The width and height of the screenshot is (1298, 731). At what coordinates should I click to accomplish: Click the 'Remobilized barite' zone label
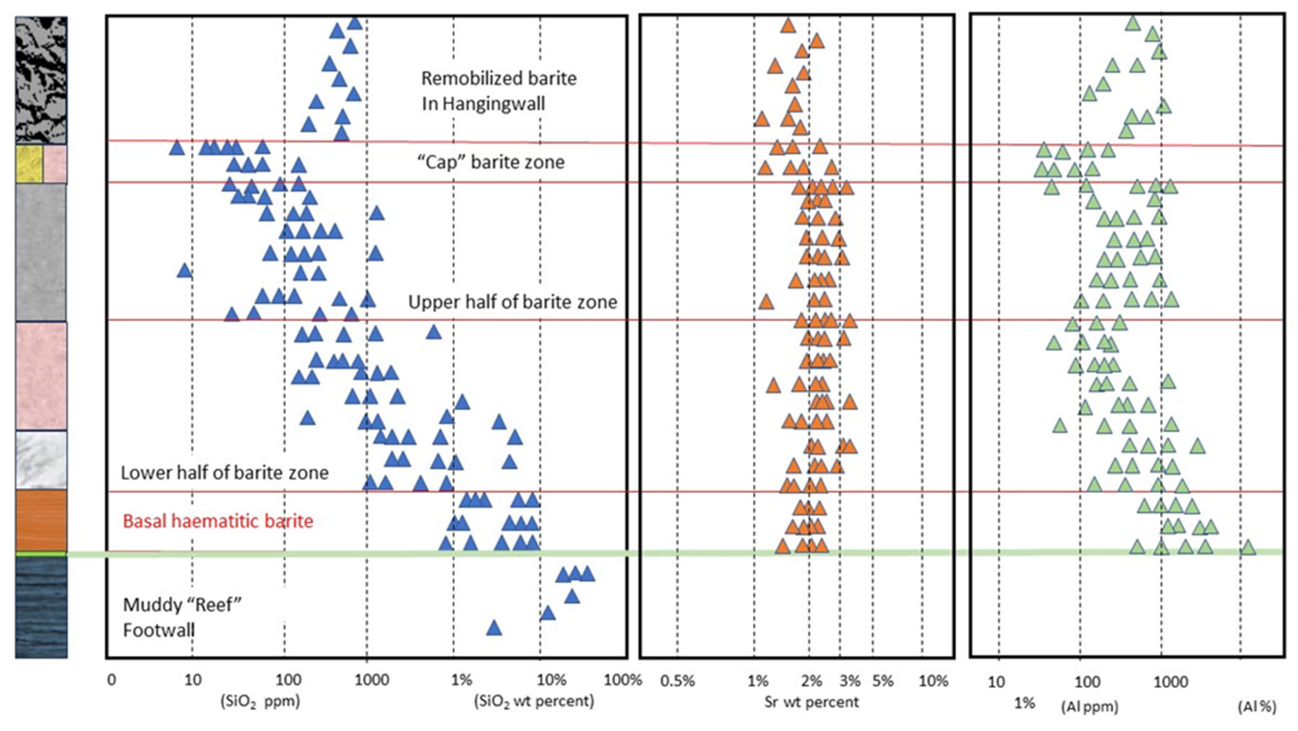pos(498,78)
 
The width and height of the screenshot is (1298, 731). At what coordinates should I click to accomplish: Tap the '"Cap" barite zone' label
pos(491,162)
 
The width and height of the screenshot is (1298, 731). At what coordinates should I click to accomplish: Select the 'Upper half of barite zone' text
pos(512,302)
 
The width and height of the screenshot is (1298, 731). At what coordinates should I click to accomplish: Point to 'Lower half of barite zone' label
pos(224,473)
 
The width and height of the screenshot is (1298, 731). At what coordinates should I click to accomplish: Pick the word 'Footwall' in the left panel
pos(159,630)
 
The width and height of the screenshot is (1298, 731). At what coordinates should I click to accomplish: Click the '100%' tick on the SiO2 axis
pos(623,680)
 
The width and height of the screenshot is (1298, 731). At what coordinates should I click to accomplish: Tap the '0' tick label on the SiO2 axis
pos(111,680)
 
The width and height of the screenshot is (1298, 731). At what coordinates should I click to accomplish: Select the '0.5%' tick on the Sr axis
pos(677,681)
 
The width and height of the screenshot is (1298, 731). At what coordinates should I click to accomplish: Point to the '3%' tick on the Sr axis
pos(850,681)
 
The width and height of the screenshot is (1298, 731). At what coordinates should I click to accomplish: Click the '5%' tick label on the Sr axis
pos(882,681)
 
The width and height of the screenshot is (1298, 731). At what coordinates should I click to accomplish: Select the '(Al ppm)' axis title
pos(1090,707)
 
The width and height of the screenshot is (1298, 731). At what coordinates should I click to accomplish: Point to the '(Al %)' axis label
pos(1257,707)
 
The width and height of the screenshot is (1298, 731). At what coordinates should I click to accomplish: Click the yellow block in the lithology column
pos(29,164)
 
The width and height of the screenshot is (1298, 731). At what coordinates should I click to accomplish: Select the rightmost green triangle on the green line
pos(1248,547)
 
